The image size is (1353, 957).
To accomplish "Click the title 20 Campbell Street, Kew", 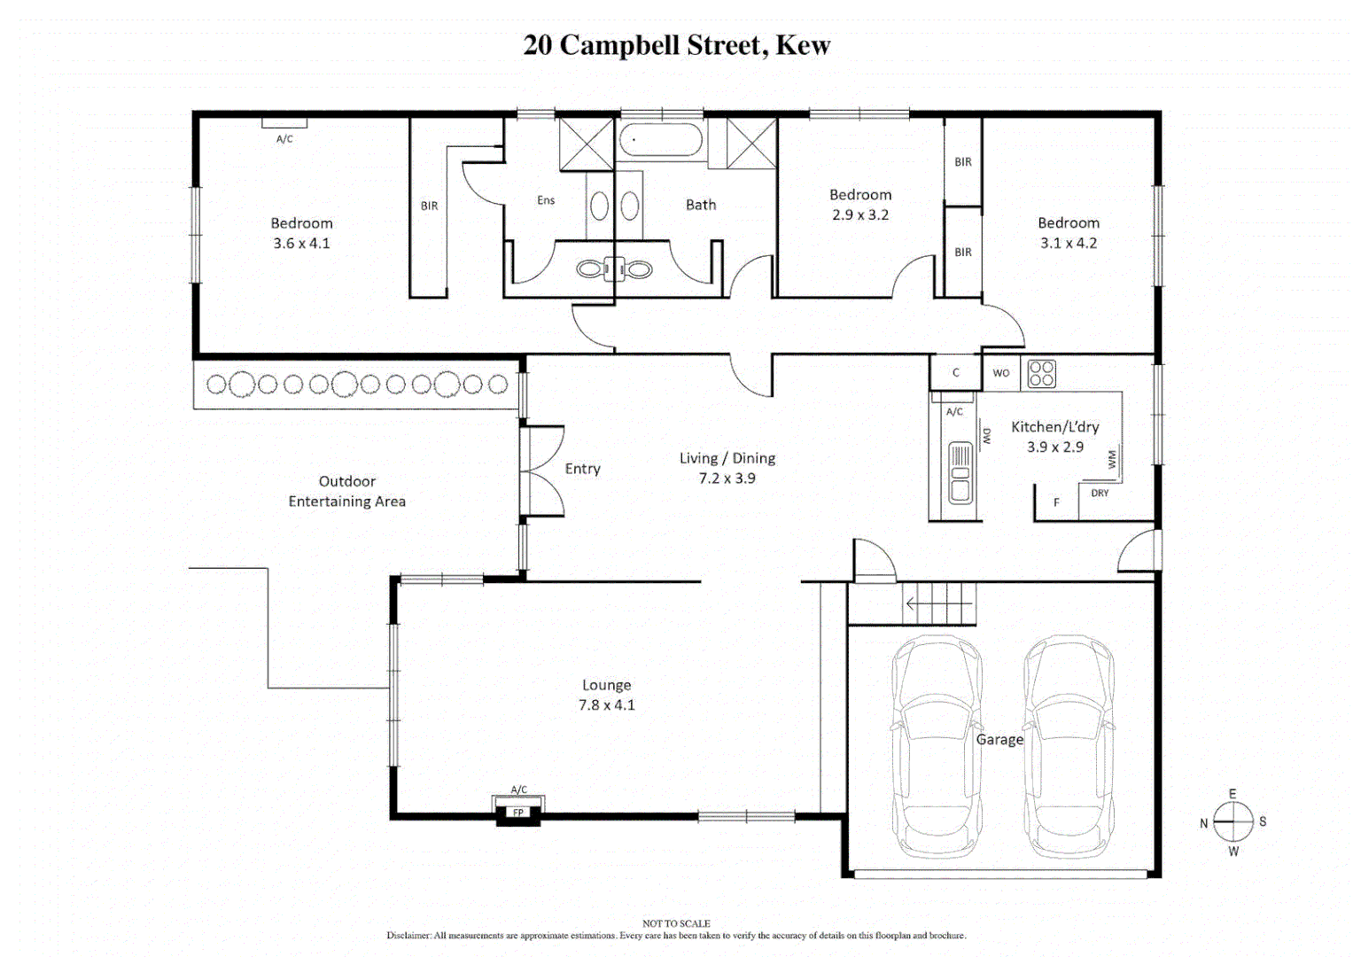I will pyautogui.click(x=676, y=45).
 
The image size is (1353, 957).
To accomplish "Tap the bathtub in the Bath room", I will pyautogui.click(x=661, y=140).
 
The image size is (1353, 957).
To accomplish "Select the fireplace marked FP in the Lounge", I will pyautogui.click(x=518, y=812).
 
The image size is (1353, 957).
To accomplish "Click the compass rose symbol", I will pyautogui.click(x=1232, y=822).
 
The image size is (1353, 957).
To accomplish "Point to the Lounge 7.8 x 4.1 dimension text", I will pyautogui.click(x=607, y=705).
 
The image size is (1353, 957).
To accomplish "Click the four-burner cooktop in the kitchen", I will pyautogui.click(x=1042, y=374).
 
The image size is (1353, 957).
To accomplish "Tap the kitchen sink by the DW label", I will pyautogui.click(x=960, y=472).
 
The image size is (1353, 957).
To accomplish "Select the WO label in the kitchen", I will pyautogui.click(x=1001, y=373).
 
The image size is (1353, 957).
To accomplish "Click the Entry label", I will pyautogui.click(x=583, y=469).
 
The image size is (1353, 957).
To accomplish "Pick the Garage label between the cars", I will pyautogui.click(x=999, y=740).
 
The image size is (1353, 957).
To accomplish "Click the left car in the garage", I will pyautogui.click(x=937, y=746).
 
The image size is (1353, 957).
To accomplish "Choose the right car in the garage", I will pyautogui.click(x=1069, y=746).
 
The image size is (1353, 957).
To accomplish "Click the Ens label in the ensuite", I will pyautogui.click(x=546, y=200).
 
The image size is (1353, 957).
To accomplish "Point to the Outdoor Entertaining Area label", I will pyautogui.click(x=347, y=492).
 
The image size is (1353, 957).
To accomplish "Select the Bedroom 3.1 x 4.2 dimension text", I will pyautogui.click(x=1069, y=244).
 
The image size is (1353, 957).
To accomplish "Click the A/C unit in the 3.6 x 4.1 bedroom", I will pyautogui.click(x=284, y=124).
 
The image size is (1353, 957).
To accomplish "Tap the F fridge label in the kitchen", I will pyautogui.click(x=1056, y=502).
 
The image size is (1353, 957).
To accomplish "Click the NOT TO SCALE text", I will pyautogui.click(x=676, y=923).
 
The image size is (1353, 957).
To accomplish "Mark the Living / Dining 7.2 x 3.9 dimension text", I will pyautogui.click(x=727, y=478).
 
